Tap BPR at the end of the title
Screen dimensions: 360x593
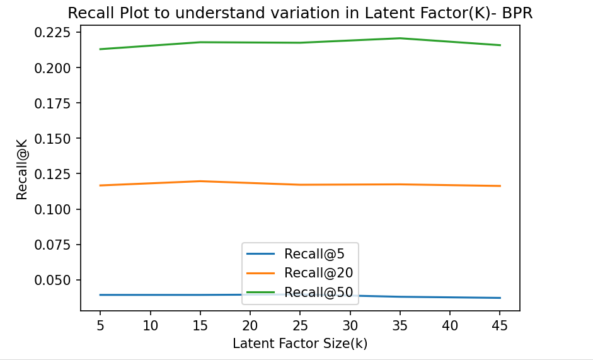pos(517,13)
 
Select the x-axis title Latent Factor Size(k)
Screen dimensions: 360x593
pos(300,344)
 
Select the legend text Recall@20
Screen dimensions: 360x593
pos(318,273)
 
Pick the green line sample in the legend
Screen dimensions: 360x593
pos(261,293)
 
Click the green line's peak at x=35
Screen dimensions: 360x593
pos(400,38)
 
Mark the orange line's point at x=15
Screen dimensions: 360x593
pos(200,181)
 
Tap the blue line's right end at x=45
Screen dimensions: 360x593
pos(500,298)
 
